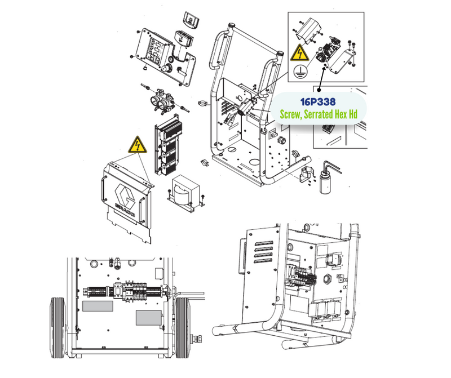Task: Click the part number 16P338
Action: click(318, 101)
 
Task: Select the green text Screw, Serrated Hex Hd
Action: click(319, 114)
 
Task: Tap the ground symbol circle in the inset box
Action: click(300, 72)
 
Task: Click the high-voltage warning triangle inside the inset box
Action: click(299, 53)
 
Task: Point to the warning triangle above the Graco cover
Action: click(138, 145)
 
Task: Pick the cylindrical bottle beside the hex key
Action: click(326, 181)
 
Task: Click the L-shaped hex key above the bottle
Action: click(333, 167)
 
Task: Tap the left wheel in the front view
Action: click(58, 328)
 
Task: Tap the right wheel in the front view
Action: click(183, 328)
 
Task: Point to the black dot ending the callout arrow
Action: click(319, 90)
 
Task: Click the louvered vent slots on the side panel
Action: click(263, 252)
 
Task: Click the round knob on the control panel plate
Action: click(166, 69)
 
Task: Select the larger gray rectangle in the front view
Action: click(98, 306)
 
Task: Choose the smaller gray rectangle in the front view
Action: click(149, 318)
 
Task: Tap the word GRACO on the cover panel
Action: click(125, 210)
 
